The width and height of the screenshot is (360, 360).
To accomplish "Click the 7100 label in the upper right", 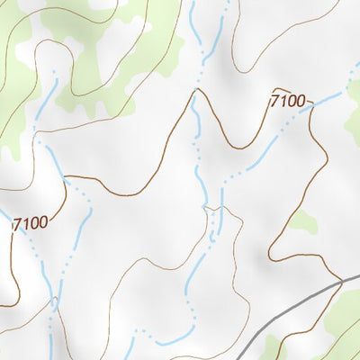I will point(288,101).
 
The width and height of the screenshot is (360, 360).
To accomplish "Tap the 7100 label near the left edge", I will point(31,221).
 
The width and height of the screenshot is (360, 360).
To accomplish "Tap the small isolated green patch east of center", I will point(303,220).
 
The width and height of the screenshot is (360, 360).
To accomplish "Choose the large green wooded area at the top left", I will point(99,54).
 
